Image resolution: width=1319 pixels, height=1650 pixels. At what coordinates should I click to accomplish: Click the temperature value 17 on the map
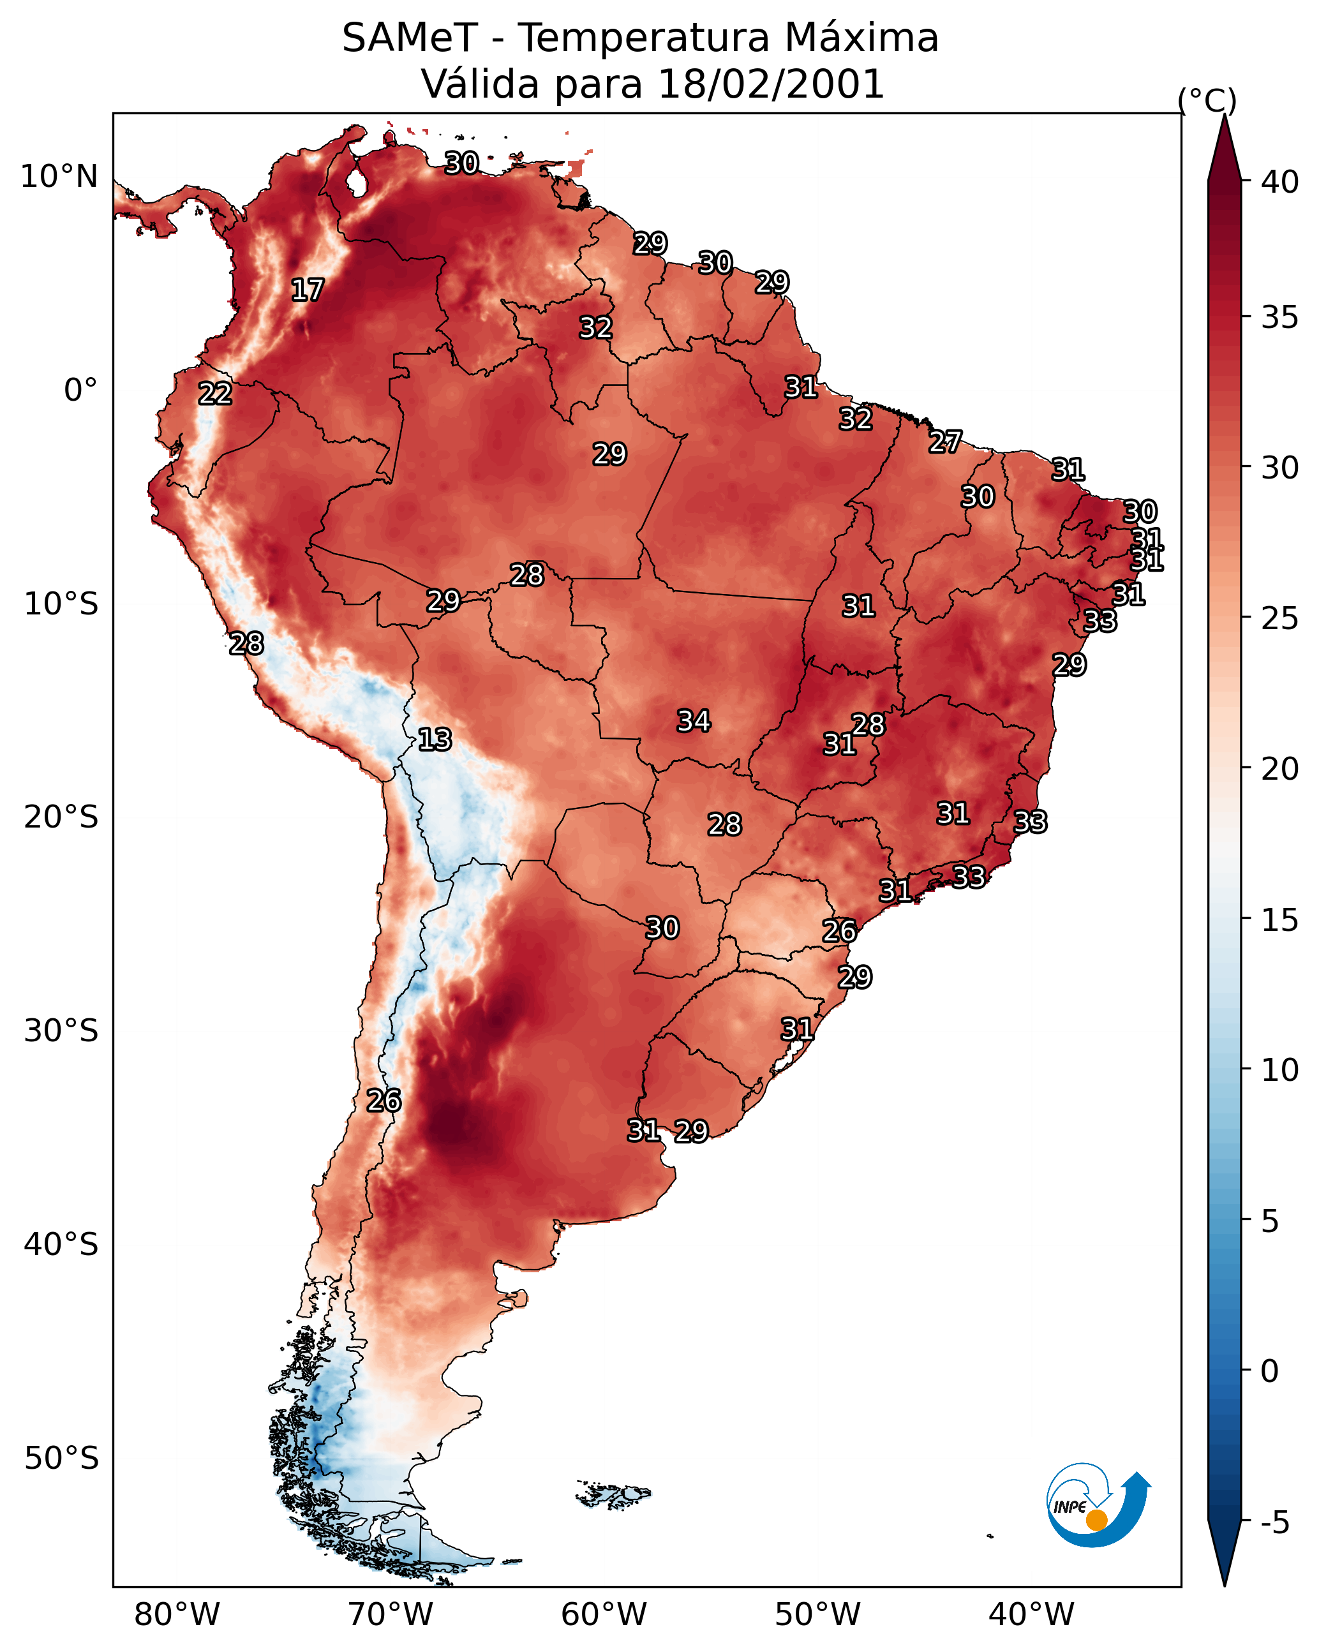pos(308,290)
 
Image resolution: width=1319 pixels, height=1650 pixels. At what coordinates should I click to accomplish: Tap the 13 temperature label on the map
pos(435,740)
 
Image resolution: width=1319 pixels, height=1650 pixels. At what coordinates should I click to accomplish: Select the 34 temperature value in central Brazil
pos(694,721)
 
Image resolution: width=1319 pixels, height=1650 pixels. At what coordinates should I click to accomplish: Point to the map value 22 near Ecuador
pos(215,394)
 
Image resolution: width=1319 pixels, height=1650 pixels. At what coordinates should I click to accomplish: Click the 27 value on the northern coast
pos(946,442)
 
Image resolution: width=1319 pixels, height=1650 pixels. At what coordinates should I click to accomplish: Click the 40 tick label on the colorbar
pos(1281,182)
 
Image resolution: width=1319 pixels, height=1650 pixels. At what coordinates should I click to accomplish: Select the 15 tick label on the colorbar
pos(1281,920)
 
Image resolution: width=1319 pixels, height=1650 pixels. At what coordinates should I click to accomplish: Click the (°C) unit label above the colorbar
pos(1207,100)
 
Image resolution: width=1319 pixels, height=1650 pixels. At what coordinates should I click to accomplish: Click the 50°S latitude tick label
pos(61,1459)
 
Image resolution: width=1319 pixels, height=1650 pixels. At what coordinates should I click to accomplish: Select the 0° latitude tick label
pos(81,390)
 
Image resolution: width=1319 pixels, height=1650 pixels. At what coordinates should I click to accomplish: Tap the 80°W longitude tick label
pos(177,1615)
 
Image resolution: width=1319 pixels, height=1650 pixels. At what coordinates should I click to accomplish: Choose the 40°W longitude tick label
pos(1032,1615)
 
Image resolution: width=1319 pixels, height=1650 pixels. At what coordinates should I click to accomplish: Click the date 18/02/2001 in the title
pos(771,84)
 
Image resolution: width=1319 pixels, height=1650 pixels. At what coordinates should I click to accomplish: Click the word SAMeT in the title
pos(410,38)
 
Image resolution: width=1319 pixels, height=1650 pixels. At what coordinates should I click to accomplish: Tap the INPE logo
pos(1098,1505)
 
